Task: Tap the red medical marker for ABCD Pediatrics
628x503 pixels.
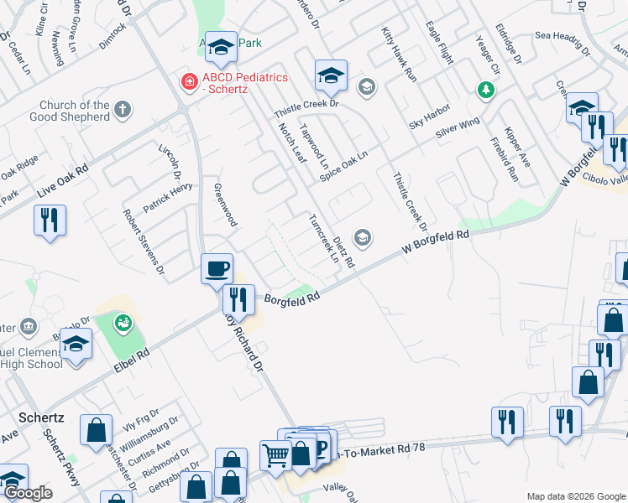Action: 189,81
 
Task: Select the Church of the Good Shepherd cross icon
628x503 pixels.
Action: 123,109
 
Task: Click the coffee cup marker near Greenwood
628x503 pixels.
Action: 217,268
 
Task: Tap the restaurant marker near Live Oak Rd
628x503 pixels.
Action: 50,220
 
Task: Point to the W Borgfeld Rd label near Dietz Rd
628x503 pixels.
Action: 434,243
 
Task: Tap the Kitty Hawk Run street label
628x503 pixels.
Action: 399,53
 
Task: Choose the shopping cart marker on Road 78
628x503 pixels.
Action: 275,457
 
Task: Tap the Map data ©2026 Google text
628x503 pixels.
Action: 575,496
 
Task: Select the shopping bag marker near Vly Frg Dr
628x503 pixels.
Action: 97,431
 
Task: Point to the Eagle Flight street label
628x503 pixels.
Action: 440,44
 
